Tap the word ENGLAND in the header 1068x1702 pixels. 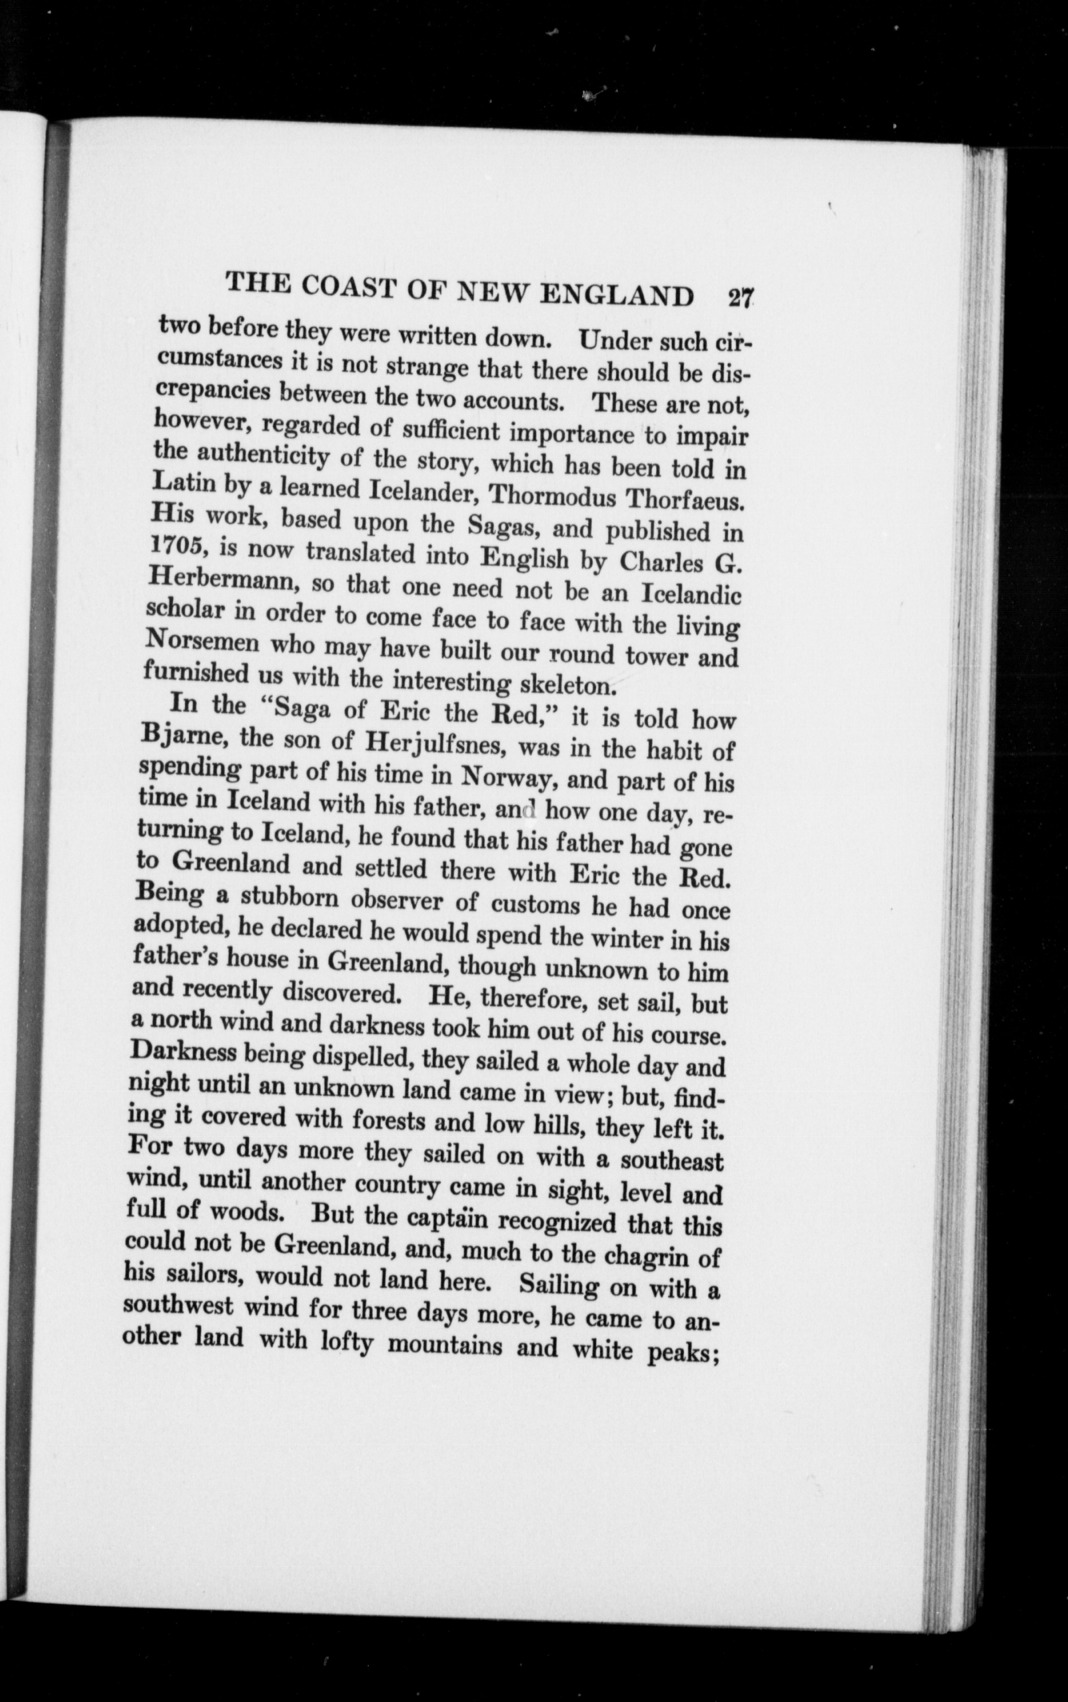pyautogui.click(x=617, y=293)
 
